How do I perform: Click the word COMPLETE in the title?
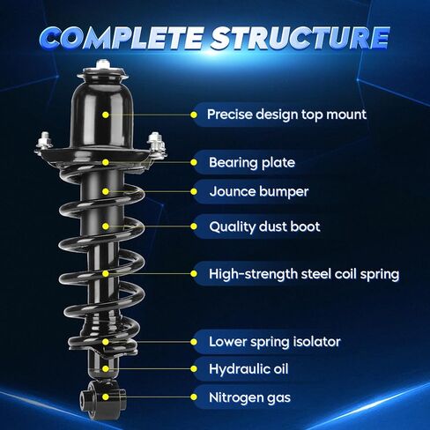pos(121,37)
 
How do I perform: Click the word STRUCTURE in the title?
pos(300,37)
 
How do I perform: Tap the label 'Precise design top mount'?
pos(286,115)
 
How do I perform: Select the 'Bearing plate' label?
pos(252,162)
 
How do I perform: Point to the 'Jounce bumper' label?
pos(259,191)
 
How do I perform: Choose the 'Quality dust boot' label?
pos(264,226)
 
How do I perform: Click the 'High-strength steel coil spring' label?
pos(304,274)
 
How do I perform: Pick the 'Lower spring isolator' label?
pos(275,342)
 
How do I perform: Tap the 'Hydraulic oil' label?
pos(248,369)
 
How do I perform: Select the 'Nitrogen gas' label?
pos(249,397)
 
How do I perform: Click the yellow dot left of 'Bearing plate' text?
pos(194,162)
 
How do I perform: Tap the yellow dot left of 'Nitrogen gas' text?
pos(194,397)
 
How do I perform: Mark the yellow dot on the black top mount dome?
pos(106,115)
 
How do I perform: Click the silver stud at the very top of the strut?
pos(102,63)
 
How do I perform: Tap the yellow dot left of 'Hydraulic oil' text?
pos(194,368)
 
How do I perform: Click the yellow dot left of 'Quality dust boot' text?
pos(194,226)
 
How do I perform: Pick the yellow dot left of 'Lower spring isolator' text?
pos(194,342)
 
